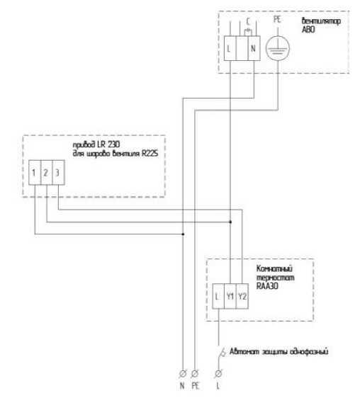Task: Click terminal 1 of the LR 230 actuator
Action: click(x=35, y=172)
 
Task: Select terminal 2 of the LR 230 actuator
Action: click(x=46, y=172)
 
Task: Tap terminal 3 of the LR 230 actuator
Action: click(x=58, y=172)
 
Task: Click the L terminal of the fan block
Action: click(x=230, y=48)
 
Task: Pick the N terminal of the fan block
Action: click(x=254, y=48)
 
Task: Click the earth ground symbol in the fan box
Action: click(x=277, y=48)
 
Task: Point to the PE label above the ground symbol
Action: click(x=277, y=20)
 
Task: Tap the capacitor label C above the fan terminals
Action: click(x=248, y=21)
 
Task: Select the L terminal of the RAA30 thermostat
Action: click(x=218, y=296)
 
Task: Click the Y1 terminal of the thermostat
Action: click(x=230, y=296)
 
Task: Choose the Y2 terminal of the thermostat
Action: click(x=242, y=296)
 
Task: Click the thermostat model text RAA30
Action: click(x=267, y=286)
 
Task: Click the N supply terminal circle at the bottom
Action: click(x=183, y=374)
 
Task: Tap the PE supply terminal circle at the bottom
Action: click(x=195, y=374)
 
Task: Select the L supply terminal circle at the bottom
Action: click(x=218, y=374)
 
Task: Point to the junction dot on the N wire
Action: click(x=183, y=234)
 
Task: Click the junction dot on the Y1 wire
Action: click(x=230, y=222)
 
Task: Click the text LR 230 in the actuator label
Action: click(x=108, y=144)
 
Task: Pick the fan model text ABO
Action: click(x=308, y=30)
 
